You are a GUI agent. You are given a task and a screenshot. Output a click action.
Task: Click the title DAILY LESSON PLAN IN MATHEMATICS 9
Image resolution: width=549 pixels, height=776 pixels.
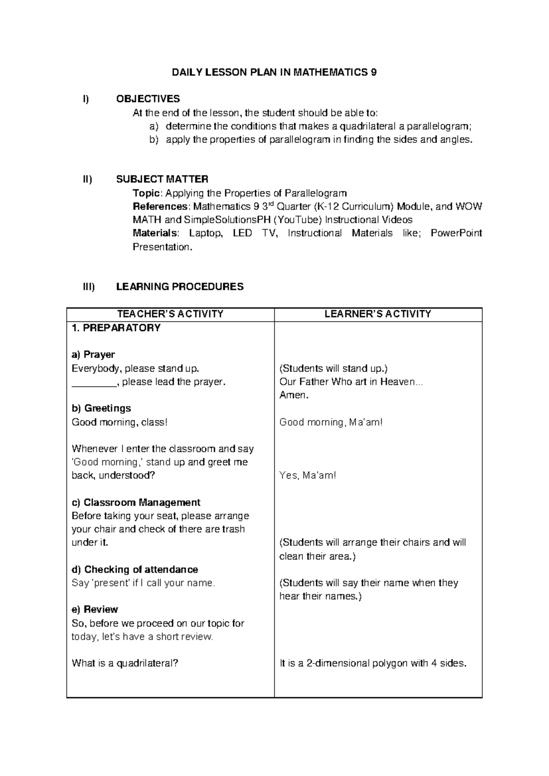coord(274,72)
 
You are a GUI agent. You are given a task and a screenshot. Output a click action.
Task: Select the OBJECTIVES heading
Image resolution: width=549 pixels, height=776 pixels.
coord(148,99)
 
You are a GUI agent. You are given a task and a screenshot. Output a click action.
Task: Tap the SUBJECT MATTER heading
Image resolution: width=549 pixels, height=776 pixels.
coord(162,179)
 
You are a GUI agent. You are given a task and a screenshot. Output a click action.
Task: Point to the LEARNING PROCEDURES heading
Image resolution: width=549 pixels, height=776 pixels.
coord(180,287)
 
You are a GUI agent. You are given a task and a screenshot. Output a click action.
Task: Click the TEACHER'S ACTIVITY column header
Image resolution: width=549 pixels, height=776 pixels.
coord(170,314)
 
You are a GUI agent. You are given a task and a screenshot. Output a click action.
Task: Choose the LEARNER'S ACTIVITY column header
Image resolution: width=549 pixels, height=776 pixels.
coord(378,314)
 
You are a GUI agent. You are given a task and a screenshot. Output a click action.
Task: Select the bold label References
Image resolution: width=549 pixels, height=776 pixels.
coord(160,206)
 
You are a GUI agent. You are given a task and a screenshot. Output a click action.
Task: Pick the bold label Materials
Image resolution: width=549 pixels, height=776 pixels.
coord(154,233)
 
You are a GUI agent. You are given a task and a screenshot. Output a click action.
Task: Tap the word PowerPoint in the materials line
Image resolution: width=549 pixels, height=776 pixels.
coord(456,233)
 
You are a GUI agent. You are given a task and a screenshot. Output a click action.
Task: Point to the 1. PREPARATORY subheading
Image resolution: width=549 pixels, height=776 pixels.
coord(116,328)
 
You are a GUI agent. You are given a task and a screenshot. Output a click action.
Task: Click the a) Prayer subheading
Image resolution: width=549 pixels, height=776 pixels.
coord(93,355)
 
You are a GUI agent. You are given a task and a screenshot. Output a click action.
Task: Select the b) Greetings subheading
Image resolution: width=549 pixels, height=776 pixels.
coord(101,408)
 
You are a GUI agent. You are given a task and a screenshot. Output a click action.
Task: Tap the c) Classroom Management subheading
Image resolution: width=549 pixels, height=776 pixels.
coord(136,502)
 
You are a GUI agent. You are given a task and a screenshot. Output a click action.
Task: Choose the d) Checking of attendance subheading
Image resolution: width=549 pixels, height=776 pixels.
coord(135,570)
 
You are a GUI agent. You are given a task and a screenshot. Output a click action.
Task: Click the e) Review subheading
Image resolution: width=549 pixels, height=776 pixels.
coord(95,609)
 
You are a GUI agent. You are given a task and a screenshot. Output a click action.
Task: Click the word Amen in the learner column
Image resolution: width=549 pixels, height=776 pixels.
coord(293,395)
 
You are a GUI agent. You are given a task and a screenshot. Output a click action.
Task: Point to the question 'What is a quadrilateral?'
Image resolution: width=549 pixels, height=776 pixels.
coord(124,663)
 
